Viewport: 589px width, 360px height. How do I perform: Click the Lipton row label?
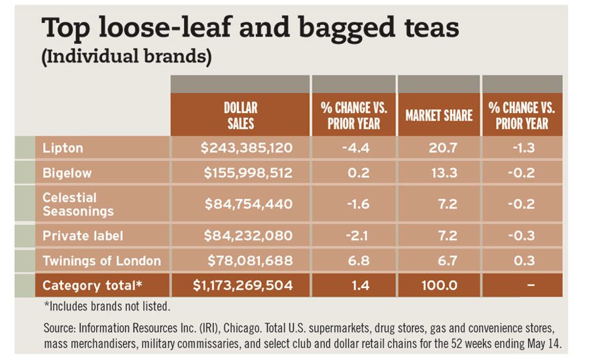[x=63, y=148]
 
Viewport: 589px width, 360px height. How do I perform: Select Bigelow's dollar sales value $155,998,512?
[x=248, y=173]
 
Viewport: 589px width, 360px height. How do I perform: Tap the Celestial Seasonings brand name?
[x=78, y=204]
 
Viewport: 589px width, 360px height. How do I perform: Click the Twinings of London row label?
[x=101, y=261]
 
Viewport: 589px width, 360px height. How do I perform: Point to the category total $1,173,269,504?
[x=243, y=285]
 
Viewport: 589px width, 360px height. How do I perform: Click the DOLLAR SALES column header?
[x=240, y=115]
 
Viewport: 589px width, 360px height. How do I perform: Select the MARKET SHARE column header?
[x=438, y=116]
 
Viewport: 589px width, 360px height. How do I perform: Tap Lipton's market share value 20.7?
[x=438, y=148]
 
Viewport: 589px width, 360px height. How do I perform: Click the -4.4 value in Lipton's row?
[x=355, y=148]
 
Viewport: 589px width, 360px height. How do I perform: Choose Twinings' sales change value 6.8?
[x=355, y=261]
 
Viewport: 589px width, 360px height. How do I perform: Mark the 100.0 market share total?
[x=438, y=285]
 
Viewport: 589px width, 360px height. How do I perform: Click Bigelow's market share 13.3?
[x=438, y=173]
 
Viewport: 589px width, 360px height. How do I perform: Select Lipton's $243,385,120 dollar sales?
[x=247, y=148]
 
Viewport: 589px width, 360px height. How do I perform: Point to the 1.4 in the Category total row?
[x=355, y=285]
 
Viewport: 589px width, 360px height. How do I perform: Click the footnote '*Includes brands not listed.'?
[x=107, y=306]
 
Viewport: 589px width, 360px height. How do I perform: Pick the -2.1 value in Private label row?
[x=355, y=236]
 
